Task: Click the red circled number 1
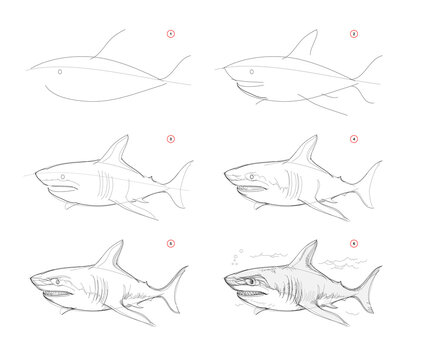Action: tap(170, 33)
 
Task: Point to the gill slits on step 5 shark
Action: tap(84, 286)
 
